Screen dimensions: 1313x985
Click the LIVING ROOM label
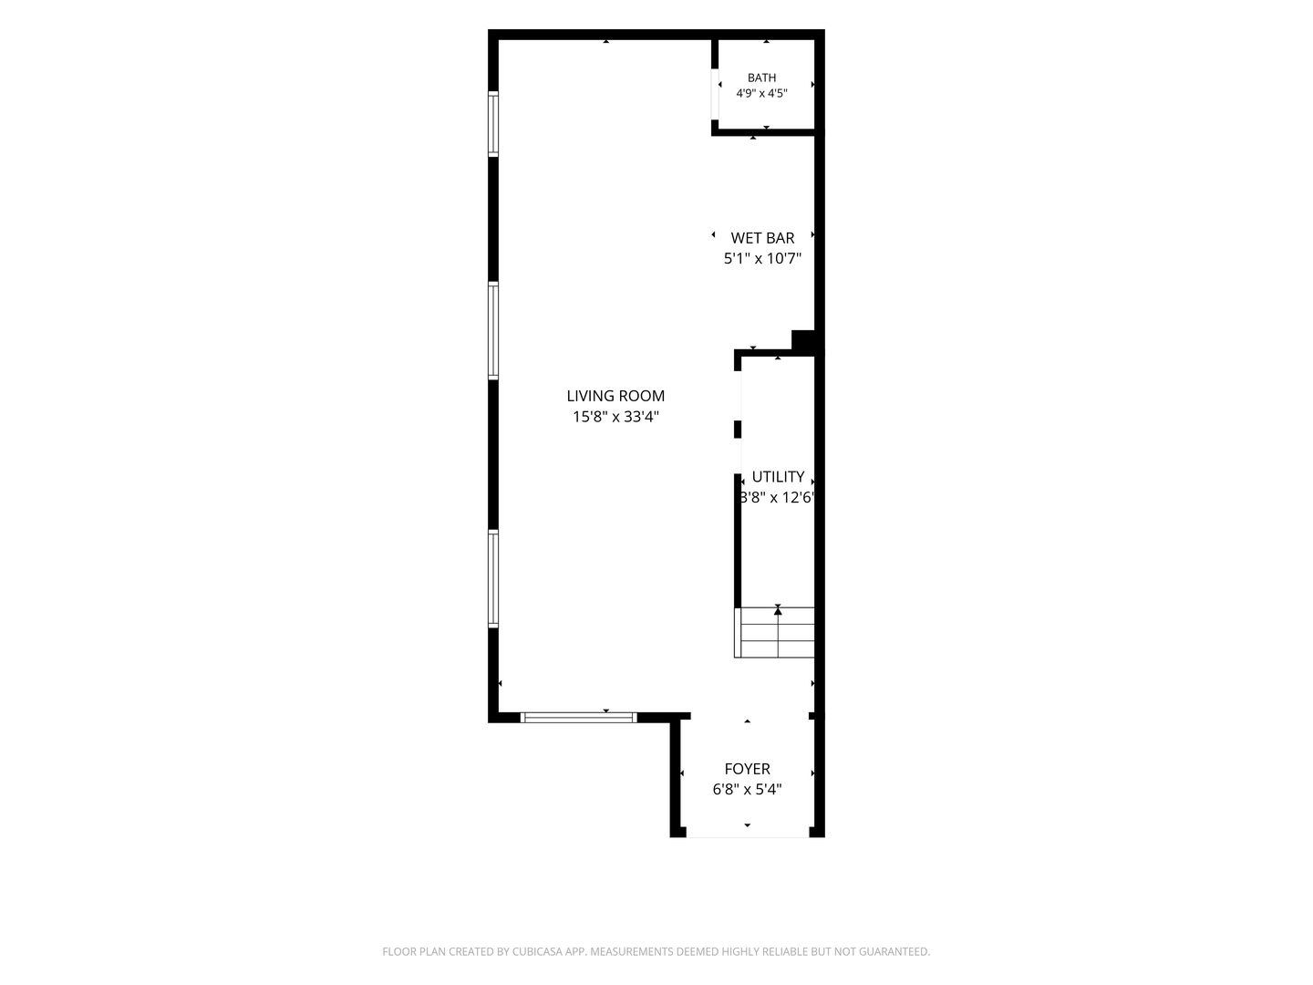[615, 396]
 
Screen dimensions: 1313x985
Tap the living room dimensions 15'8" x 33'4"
[615, 416]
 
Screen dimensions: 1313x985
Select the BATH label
[761, 78]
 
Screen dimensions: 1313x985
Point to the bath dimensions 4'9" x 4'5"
[761, 93]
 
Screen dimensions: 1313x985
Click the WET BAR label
[762, 238]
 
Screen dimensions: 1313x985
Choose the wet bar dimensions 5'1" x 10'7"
[762, 258]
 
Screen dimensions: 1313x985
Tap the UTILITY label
[778, 477]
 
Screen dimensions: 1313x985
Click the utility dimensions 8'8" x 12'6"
[777, 498]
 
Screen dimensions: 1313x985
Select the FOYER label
[747, 769]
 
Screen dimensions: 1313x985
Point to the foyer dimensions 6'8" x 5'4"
[747, 790]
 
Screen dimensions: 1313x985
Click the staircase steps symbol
[775, 632]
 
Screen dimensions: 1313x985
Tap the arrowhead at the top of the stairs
[778, 609]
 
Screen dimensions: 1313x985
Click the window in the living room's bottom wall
[578, 717]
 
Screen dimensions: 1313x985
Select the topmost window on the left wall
[493, 124]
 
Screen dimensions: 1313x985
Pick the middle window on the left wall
[493, 330]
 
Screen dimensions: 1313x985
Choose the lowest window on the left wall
[493, 578]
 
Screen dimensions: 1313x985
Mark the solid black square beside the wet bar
[803, 340]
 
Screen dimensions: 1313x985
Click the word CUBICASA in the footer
[537, 951]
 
